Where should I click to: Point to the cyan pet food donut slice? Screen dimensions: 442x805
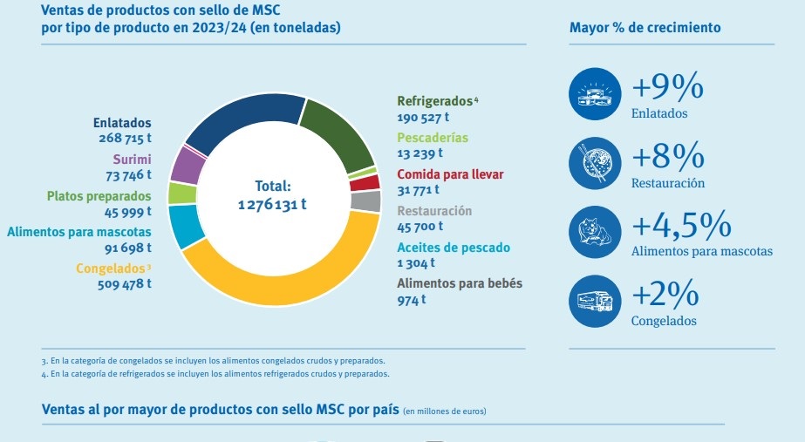pos(186,226)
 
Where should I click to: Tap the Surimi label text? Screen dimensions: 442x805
pos(132,159)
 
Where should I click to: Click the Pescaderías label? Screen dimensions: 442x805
pos(432,138)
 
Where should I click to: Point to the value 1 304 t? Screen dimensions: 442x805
pos(416,262)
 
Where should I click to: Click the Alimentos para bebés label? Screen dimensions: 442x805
pos(460,283)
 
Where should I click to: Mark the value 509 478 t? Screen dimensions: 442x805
pos(125,282)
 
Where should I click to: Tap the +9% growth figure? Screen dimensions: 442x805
pos(667,87)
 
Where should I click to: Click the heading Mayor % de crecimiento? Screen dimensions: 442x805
pos(645,27)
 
